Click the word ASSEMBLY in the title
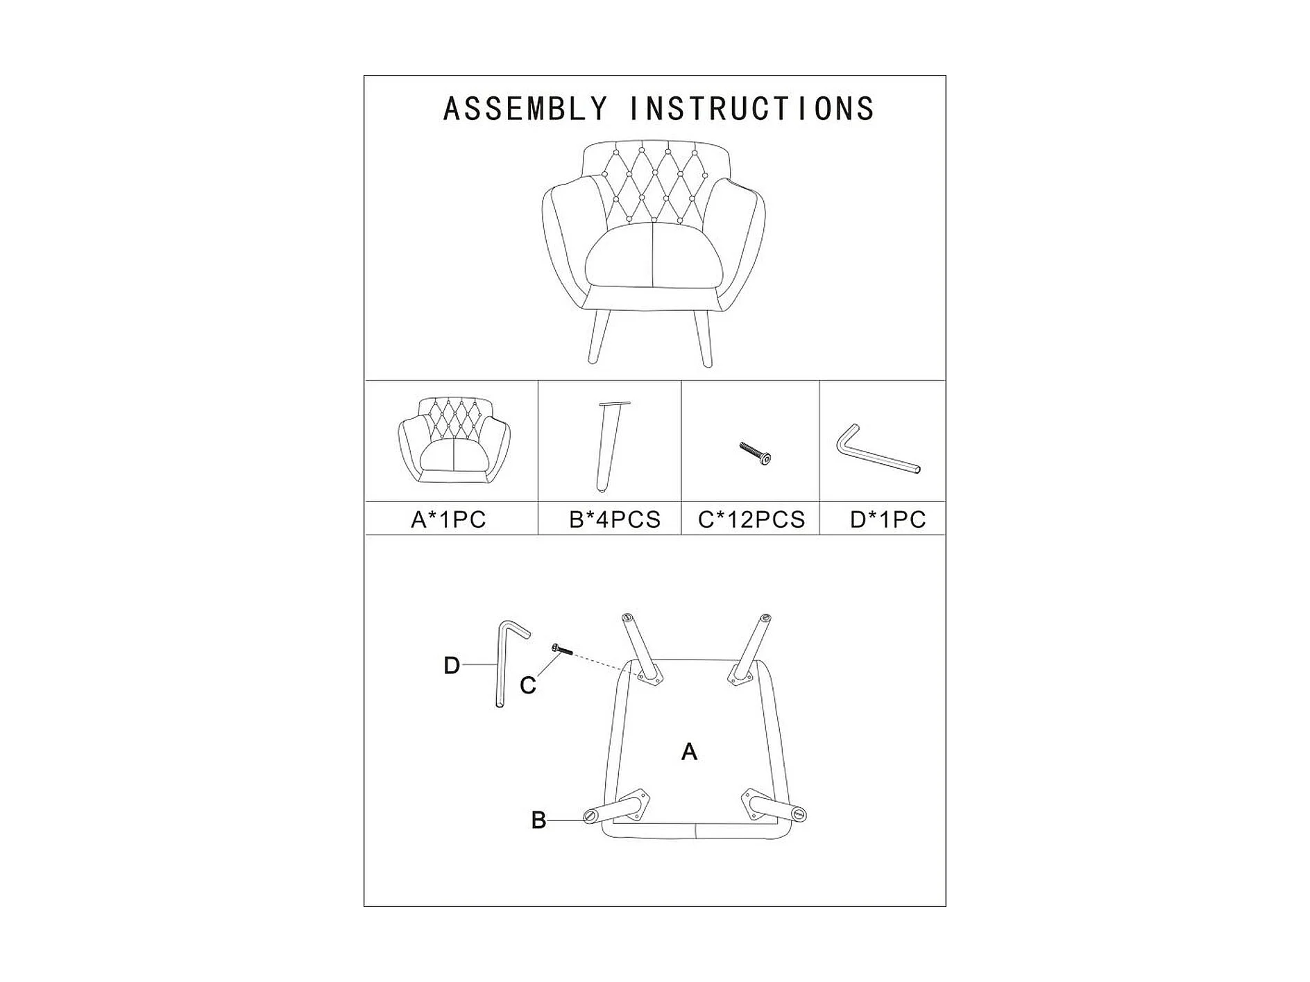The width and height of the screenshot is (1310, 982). click(x=525, y=110)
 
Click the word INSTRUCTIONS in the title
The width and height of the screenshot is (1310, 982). click(x=751, y=110)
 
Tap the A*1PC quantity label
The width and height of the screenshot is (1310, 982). click(x=448, y=519)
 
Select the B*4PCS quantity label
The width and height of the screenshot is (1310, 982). click(x=615, y=519)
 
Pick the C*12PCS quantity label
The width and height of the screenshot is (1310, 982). click(x=751, y=519)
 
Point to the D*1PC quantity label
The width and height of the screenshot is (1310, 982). click(x=887, y=519)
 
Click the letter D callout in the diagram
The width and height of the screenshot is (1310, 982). click(x=451, y=666)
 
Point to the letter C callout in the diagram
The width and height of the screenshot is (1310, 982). click(x=528, y=686)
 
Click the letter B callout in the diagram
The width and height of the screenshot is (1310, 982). click(x=538, y=820)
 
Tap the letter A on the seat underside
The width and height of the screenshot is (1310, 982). click(x=689, y=752)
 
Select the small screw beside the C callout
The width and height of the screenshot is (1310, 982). click(x=561, y=649)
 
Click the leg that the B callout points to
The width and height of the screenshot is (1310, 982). click(x=613, y=810)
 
